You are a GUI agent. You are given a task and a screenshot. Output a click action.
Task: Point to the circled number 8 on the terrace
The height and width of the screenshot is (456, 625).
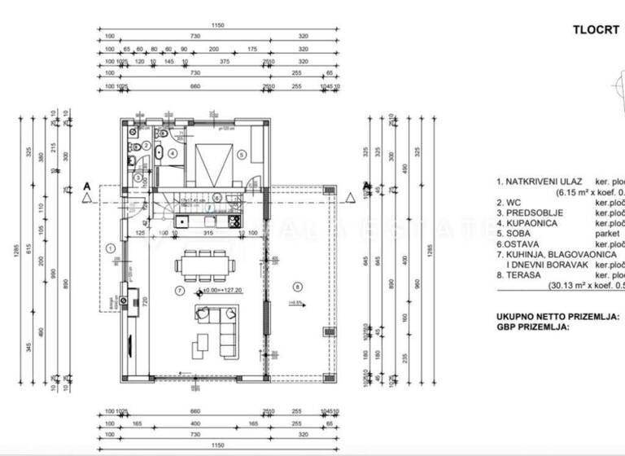tap(297, 286)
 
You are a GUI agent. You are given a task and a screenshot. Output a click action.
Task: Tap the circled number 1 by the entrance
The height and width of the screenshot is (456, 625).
tap(110, 248)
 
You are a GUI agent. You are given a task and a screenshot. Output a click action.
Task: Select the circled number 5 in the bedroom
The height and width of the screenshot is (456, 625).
tap(241, 154)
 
